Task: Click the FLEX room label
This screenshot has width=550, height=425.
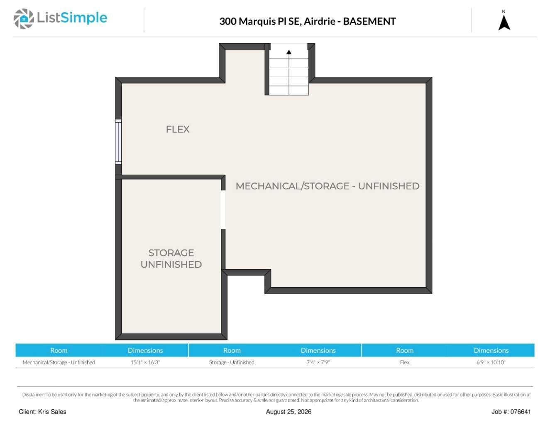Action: click(177, 130)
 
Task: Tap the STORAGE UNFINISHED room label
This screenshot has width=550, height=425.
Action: click(171, 258)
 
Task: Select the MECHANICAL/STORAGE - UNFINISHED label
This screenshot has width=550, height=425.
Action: click(327, 186)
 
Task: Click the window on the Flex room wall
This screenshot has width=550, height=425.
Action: click(118, 142)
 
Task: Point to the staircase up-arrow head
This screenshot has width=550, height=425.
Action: click(289, 52)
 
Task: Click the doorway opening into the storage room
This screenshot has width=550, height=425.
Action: click(223, 210)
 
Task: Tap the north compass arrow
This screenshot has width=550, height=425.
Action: click(504, 23)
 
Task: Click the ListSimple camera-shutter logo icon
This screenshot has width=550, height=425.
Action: click(24, 19)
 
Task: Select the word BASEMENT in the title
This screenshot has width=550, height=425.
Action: click(369, 21)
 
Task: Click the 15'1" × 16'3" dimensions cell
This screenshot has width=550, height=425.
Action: click(145, 362)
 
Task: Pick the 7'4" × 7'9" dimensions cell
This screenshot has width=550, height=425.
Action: click(318, 362)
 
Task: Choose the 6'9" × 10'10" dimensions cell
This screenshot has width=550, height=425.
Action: click(491, 362)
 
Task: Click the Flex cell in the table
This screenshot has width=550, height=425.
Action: click(404, 362)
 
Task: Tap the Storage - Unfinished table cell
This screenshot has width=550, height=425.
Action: click(232, 362)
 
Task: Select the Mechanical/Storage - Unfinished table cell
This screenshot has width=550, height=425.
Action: click(59, 362)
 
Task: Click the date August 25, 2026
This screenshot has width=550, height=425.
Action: click(288, 412)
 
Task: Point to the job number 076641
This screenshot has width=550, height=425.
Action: click(521, 412)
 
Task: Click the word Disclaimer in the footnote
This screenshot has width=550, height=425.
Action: click(33, 395)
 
